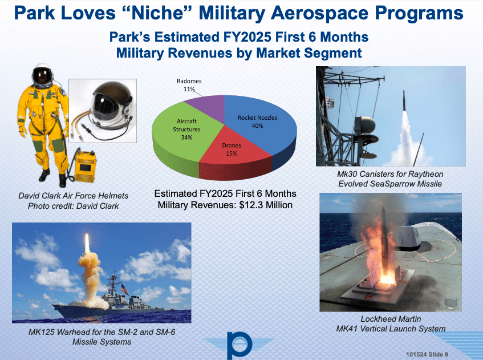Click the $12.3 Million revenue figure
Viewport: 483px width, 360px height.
[x=267, y=205]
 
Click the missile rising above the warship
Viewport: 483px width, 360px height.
[x=87, y=243]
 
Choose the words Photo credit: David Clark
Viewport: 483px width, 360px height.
[x=73, y=206]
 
